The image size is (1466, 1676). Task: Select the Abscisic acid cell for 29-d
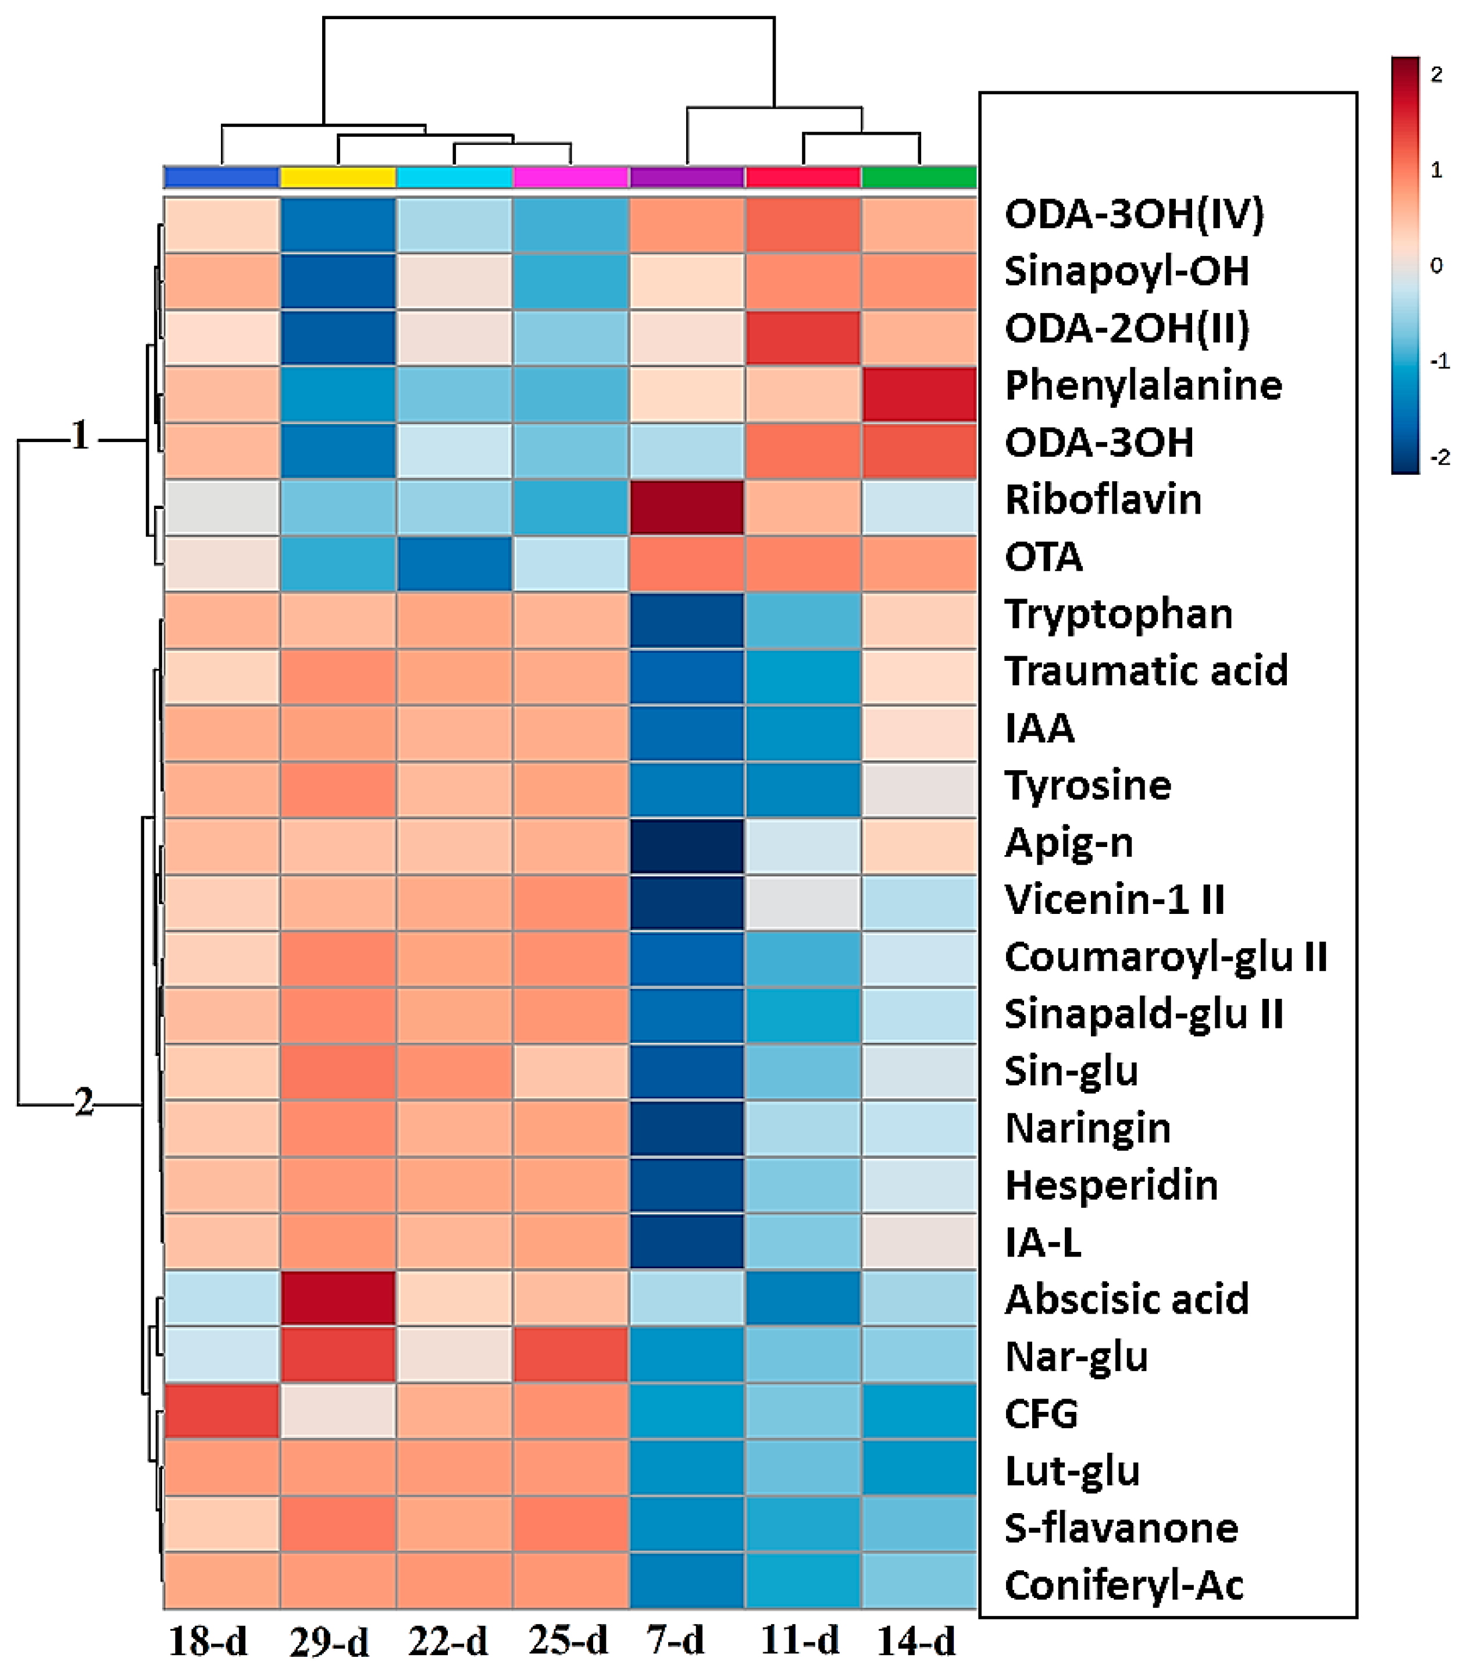pyautogui.click(x=338, y=1298)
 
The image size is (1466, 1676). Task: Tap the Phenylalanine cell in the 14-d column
pyautogui.click(x=919, y=394)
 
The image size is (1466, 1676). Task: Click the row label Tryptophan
pyautogui.click(x=1118, y=614)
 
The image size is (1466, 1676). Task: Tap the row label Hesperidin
pyautogui.click(x=1111, y=1185)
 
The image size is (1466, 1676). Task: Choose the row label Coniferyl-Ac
pyautogui.click(x=1123, y=1585)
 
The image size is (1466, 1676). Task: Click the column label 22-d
pyautogui.click(x=448, y=1641)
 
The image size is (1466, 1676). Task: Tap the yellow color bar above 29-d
pyautogui.click(x=338, y=177)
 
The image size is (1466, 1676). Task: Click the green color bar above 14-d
pyautogui.click(x=919, y=177)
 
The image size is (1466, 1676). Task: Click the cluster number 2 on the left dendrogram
pyautogui.click(x=83, y=1102)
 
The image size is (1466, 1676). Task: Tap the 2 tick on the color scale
pyautogui.click(x=1436, y=74)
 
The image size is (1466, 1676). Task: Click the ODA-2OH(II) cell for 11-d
pyautogui.click(x=802, y=337)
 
